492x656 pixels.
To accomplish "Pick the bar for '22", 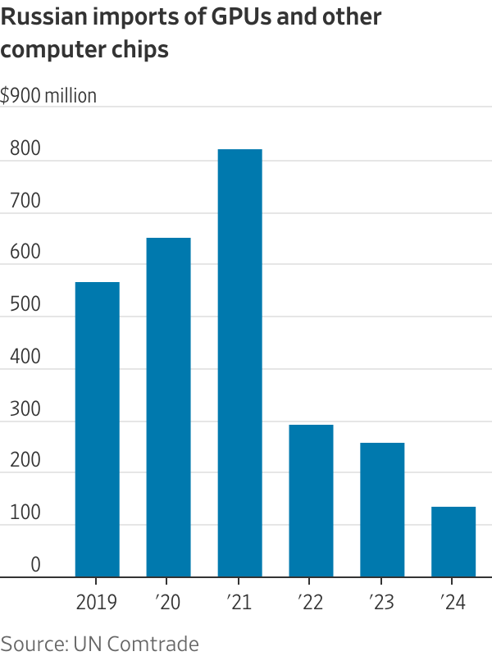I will click(311, 500).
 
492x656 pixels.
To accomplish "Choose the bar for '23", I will click(382, 509).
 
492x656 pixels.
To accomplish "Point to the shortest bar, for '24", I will click(453, 541).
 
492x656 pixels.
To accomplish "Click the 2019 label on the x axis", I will click(97, 603).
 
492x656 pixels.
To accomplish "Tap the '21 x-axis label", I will click(239, 603).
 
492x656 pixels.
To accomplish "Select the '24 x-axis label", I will click(453, 603).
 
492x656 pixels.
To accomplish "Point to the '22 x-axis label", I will click(311, 603).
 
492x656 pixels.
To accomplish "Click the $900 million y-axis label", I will click(48, 96).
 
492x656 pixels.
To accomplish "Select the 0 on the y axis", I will click(36, 565).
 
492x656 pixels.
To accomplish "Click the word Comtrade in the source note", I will click(157, 643).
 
